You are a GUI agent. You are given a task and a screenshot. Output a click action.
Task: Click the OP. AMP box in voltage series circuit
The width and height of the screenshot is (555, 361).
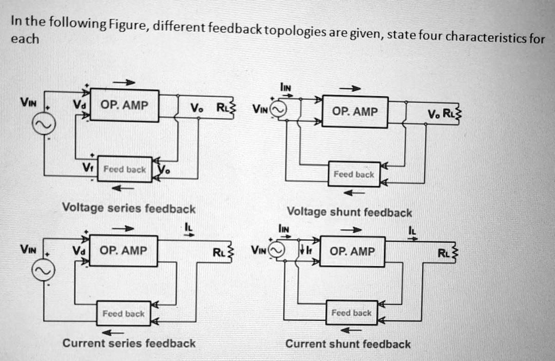pos(124,106)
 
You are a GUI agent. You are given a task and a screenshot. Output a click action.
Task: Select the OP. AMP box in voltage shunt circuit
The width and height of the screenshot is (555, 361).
pos(355,112)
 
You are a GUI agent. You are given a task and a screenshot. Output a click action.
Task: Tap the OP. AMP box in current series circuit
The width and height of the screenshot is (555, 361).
pos(124,251)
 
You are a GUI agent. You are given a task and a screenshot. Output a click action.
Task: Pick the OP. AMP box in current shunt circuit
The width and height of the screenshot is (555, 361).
pos(352,252)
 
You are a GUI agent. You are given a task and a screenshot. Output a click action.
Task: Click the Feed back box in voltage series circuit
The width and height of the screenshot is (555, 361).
pos(125,169)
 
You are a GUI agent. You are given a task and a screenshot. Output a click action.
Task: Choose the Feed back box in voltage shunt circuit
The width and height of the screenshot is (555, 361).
pos(354,174)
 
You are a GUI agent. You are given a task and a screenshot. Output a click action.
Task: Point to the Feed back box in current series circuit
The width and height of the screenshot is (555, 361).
pos(124,313)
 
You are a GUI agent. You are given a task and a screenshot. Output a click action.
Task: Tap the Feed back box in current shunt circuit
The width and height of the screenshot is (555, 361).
pos(352,313)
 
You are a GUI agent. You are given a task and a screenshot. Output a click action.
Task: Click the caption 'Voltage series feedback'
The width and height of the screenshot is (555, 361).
pos(128,208)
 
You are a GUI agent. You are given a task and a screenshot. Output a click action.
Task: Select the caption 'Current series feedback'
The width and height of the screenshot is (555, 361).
pos(129,343)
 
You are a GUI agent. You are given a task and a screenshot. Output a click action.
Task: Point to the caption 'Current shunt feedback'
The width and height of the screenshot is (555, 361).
pos(348,344)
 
